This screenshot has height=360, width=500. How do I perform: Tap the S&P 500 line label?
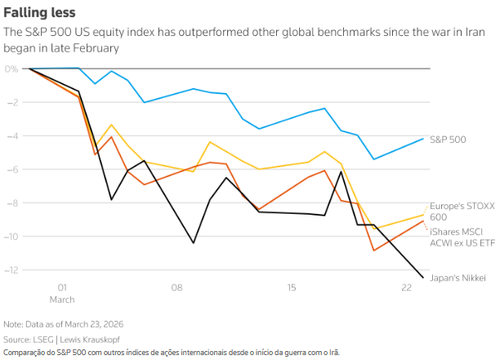pos(448,140)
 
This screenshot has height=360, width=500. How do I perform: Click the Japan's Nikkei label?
pos(457,278)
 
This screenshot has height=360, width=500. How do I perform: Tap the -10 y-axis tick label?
pos(10,236)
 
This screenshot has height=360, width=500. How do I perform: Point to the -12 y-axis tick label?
pos(10,269)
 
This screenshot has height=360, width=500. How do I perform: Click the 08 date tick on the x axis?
pos(176,287)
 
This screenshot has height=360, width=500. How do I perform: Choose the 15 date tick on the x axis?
pos(292,287)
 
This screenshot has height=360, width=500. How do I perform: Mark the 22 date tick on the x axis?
pos(406,287)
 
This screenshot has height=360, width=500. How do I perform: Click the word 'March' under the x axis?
pos(61,298)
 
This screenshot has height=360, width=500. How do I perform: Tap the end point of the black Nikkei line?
pos(423,278)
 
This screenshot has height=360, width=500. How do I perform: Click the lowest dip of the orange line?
pos(374,250)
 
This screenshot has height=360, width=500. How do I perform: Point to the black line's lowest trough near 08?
pos(194,242)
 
